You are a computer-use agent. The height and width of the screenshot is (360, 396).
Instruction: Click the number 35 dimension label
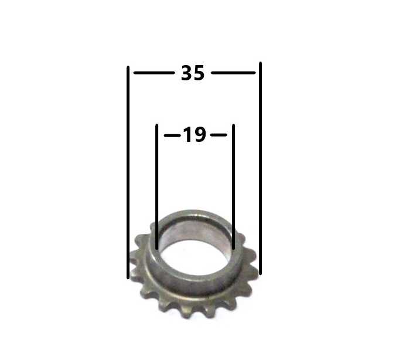pos(193,73)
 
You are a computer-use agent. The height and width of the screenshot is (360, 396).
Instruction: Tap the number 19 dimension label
pos(194,135)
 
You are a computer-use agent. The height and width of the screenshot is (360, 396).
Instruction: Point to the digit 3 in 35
pos(187,73)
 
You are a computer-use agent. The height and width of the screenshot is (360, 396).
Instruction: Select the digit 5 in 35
pos(199,73)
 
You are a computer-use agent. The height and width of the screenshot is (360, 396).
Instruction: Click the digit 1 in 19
pos(187,135)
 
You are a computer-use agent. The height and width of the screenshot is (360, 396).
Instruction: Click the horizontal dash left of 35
pos(154,73)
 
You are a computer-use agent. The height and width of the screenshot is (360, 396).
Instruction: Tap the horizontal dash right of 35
pos(233,73)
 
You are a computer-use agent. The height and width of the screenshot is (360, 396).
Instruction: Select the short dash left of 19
pos(172,135)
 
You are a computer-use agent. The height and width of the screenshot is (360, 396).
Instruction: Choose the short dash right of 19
pos(219,135)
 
